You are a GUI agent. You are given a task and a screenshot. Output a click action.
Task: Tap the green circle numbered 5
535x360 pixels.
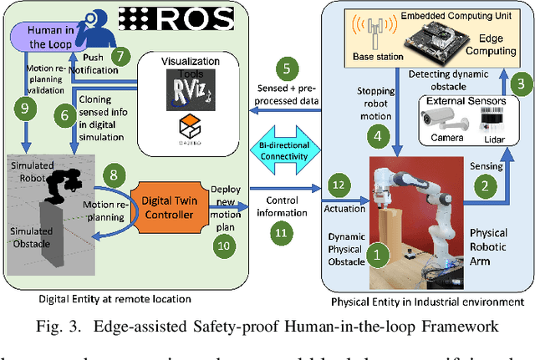coord(288,69)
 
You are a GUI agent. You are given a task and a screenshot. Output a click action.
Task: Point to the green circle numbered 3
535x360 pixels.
coord(519,82)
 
